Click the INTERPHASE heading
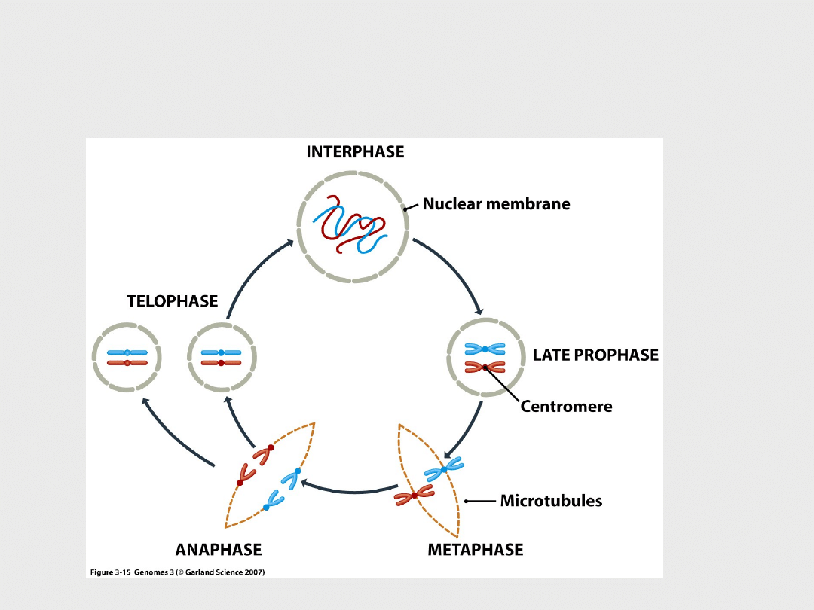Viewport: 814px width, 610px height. point(355,152)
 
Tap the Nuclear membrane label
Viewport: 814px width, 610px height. point(496,204)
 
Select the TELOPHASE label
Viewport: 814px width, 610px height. point(172,302)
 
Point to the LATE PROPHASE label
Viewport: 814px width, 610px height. point(595,355)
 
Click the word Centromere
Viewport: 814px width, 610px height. point(566,407)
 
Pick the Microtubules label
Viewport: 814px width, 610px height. point(551,501)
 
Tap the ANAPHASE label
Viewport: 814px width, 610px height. point(219,550)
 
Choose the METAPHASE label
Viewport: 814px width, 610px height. point(475,550)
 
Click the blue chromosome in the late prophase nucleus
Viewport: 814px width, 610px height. point(485,349)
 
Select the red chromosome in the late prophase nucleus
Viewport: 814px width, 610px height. point(485,367)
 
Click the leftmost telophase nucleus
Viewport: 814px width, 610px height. point(127,357)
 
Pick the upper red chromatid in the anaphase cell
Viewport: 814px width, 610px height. point(264,454)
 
